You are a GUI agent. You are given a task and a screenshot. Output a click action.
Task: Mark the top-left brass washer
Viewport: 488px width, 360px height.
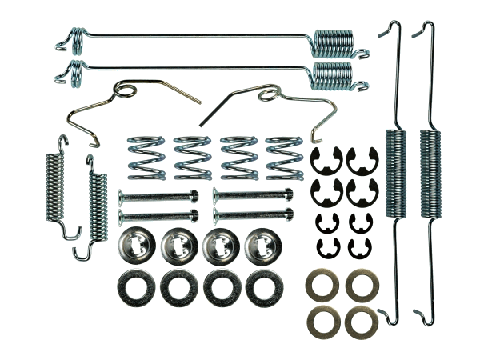[x=322, y=286]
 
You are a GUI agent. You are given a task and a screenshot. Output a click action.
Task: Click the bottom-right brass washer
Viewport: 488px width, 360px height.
[x=361, y=321]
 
